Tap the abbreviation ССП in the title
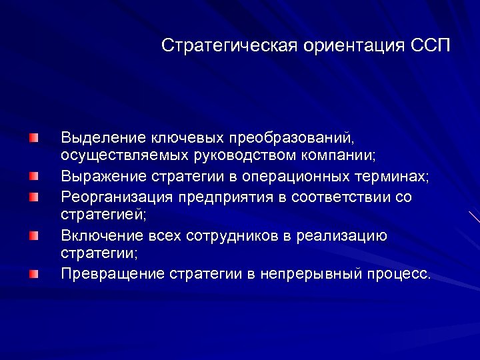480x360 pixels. (x=431, y=46)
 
